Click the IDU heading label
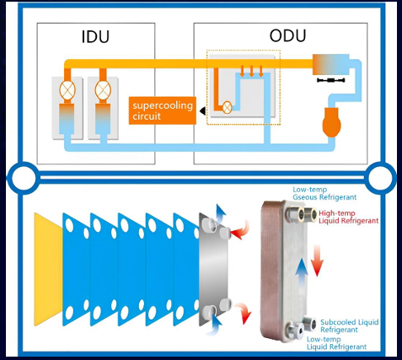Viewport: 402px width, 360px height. coord(95,36)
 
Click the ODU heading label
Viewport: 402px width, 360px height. coord(287,35)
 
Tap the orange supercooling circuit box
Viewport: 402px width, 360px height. coord(163,110)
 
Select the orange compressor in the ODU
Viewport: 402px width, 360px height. coord(331,121)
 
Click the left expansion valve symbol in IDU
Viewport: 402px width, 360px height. coord(67,90)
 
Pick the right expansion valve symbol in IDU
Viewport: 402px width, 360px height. coord(103,90)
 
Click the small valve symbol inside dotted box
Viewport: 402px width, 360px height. coord(228,107)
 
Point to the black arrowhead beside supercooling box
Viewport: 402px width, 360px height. coord(202,111)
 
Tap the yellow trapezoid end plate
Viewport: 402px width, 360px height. coord(48,269)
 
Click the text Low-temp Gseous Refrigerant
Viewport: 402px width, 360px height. coord(324,193)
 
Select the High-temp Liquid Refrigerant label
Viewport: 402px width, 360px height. coord(348,217)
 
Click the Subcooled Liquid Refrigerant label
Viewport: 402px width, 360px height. coord(350,325)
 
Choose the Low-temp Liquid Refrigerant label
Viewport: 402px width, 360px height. coord(336,343)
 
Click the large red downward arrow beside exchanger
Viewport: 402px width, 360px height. coord(318,261)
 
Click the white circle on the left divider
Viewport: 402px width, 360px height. coord(24,178)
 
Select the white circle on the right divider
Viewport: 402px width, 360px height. coord(381,178)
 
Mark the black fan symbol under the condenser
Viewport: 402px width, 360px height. coord(331,80)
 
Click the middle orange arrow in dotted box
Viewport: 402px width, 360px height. coord(251,71)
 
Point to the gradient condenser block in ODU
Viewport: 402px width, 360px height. coord(331,64)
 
